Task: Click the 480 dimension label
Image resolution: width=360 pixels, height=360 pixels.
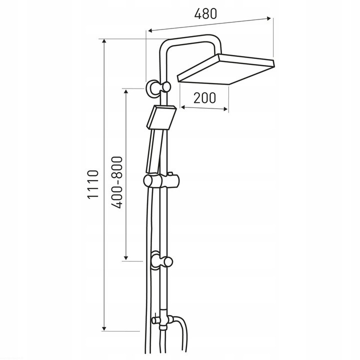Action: (205, 14)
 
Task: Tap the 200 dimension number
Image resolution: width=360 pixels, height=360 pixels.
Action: (204, 98)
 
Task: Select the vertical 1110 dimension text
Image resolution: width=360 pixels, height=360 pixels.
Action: (93, 184)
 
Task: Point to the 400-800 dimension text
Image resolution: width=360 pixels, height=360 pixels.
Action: (116, 182)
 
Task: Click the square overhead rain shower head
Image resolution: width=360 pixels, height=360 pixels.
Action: (226, 69)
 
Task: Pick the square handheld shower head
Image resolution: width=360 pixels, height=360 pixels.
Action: (161, 117)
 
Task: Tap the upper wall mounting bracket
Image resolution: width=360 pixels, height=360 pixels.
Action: (158, 87)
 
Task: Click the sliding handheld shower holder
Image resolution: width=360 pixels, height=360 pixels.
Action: (160, 180)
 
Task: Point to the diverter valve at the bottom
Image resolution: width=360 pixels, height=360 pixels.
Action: (162, 319)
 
